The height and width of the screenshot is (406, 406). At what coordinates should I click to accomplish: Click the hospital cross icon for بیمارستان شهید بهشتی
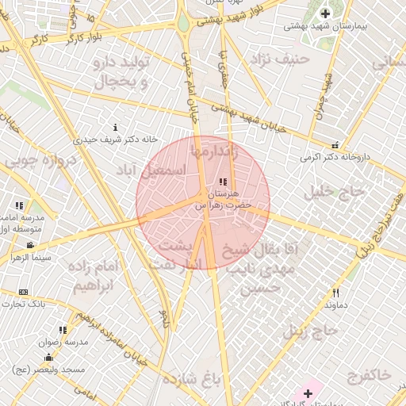pos(325,13)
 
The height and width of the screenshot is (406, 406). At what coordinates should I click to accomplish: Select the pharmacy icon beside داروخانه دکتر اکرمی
pos(334,145)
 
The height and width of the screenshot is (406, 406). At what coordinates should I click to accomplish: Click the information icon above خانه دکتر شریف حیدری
pos(116,127)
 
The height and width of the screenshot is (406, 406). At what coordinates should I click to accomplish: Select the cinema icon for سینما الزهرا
pos(30,246)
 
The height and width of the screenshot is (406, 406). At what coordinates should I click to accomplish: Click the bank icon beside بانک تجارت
pos(22,292)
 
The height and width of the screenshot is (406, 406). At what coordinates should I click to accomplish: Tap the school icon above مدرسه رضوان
pos(63,330)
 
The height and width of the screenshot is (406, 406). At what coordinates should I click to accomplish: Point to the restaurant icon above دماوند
pos(335,293)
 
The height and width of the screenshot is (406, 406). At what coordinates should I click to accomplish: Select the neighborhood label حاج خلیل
pos(339,192)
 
